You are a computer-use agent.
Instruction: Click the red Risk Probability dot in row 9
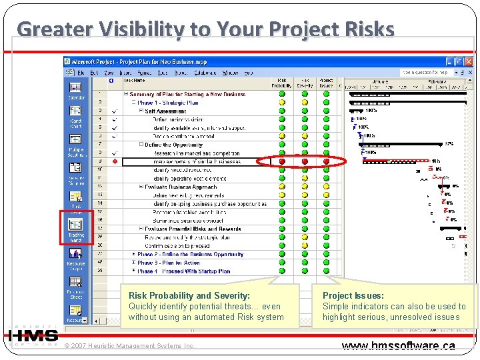pos(282,161)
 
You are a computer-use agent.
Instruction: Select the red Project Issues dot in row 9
pos(326,161)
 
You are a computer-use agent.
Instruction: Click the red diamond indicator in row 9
pos(115,161)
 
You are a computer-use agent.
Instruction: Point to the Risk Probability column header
pos(281,83)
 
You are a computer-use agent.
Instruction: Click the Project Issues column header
pos(326,83)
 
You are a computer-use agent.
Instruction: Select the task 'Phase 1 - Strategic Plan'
pos(167,103)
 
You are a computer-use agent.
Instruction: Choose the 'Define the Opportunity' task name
pos(173,145)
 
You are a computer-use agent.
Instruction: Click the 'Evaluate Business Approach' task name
pos(181,187)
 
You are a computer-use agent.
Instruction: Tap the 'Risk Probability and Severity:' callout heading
pos(189,295)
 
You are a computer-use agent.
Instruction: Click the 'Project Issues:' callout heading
pos(353,295)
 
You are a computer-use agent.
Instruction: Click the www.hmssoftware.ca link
pos(398,346)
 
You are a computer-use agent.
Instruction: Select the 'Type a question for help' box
pos(423,72)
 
